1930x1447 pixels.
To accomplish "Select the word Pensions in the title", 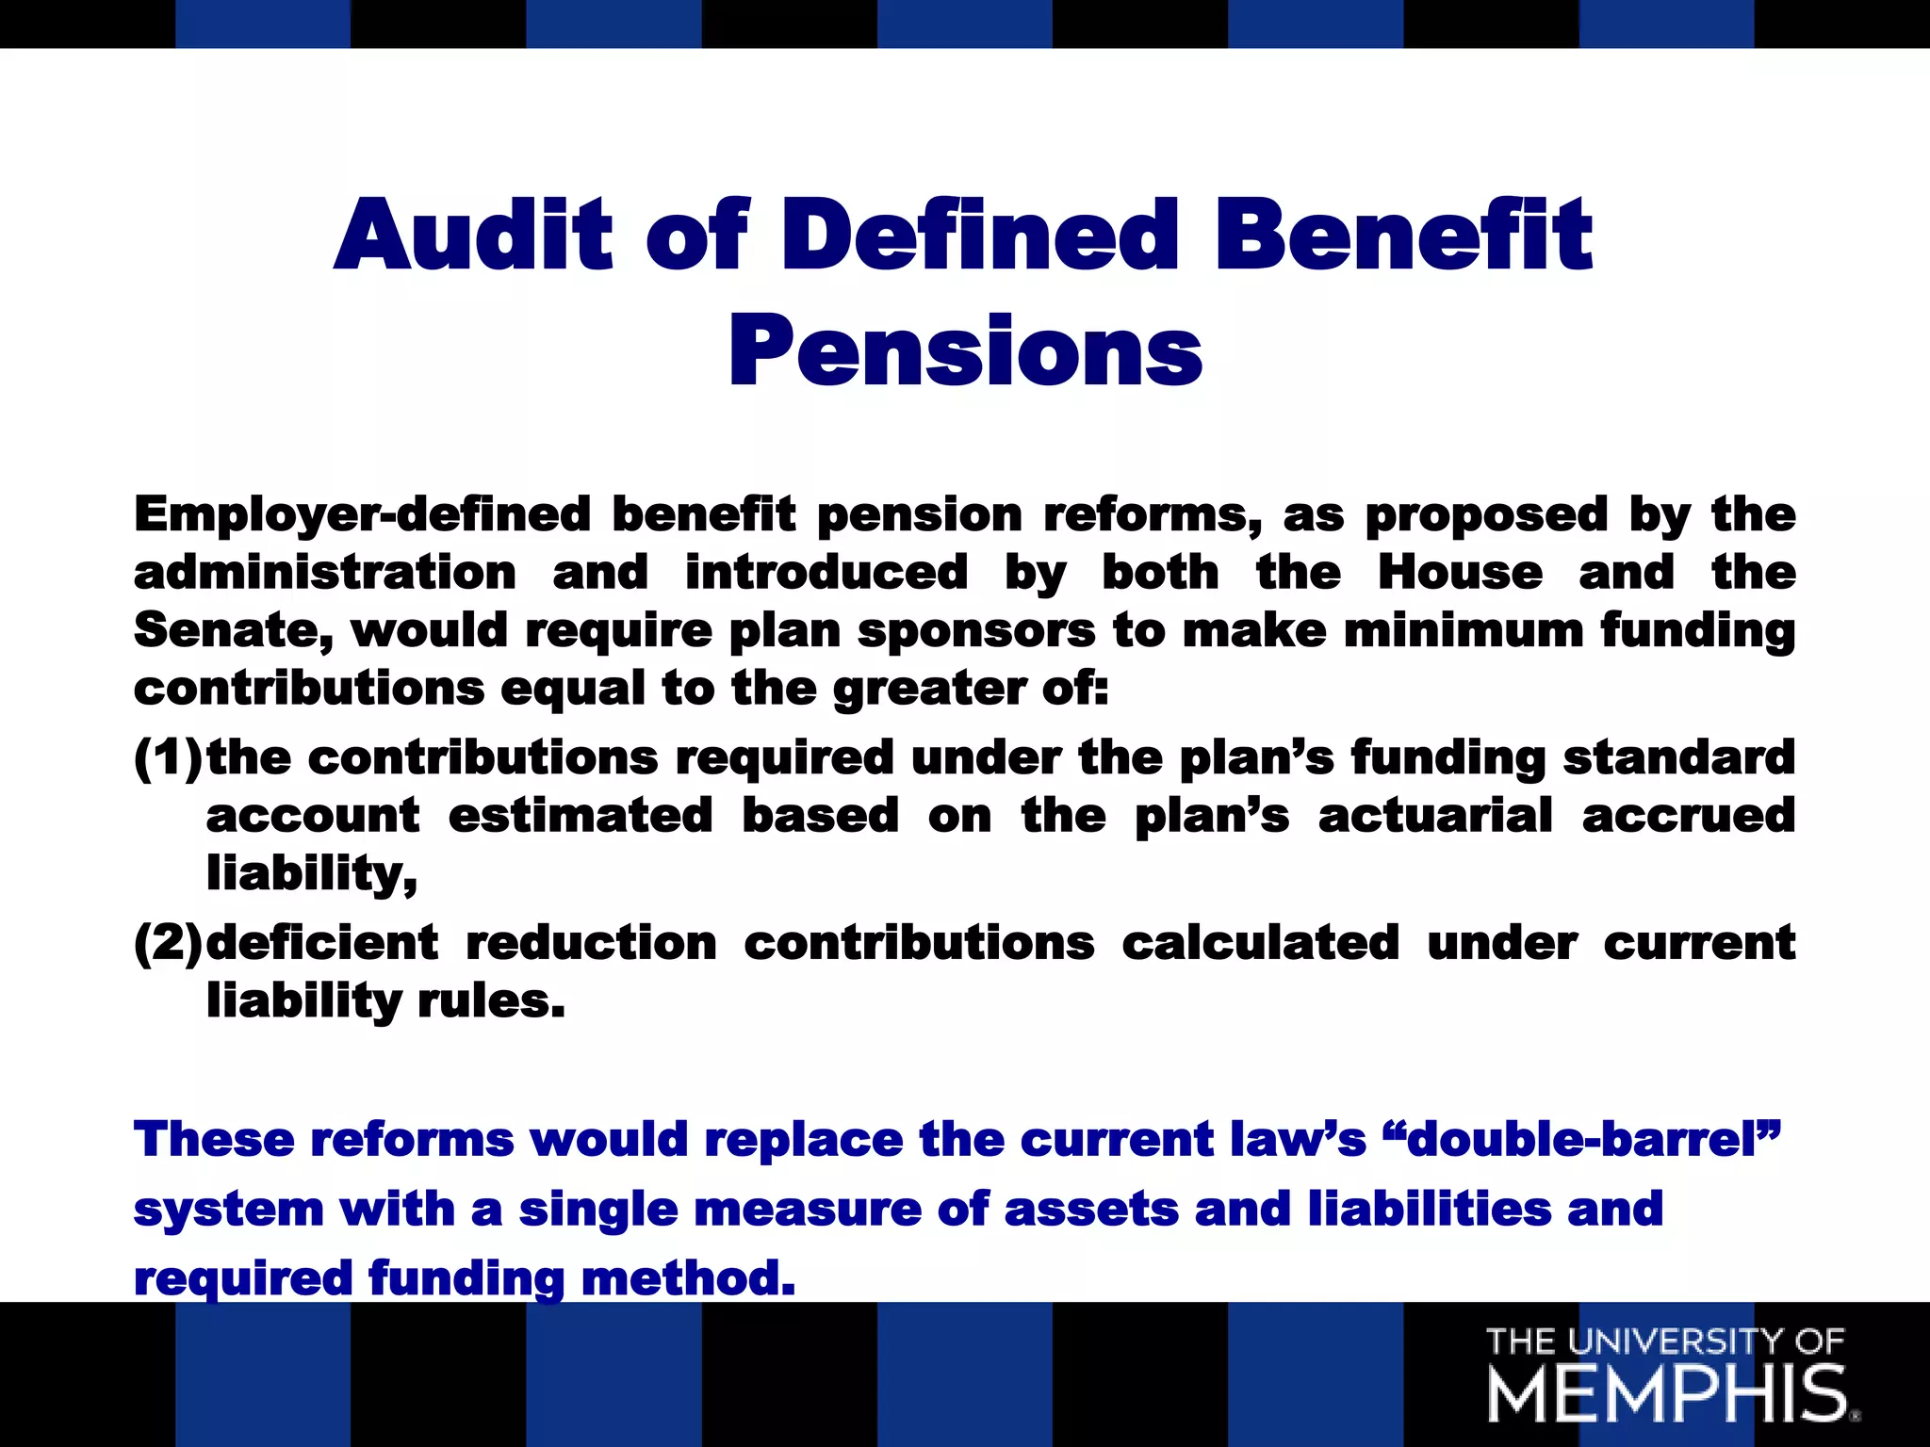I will [965, 350].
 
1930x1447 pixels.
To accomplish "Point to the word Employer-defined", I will [362, 515].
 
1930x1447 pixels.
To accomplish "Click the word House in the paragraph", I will [1460, 573].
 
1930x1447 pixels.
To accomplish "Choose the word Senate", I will [233, 630].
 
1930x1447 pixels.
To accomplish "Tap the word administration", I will [325, 573].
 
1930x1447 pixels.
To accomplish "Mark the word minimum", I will [1464, 630].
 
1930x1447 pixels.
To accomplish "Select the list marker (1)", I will [169, 757].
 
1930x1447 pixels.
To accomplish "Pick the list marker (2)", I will [169, 943].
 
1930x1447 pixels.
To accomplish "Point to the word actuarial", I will [1435, 816].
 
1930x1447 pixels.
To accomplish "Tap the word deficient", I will [322, 943].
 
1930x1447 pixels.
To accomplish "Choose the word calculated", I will [1260, 943].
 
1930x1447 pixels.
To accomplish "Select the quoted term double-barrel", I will [1578, 1140].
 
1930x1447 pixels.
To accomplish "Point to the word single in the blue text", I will [598, 1210].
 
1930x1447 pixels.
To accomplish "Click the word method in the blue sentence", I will [688, 1279].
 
